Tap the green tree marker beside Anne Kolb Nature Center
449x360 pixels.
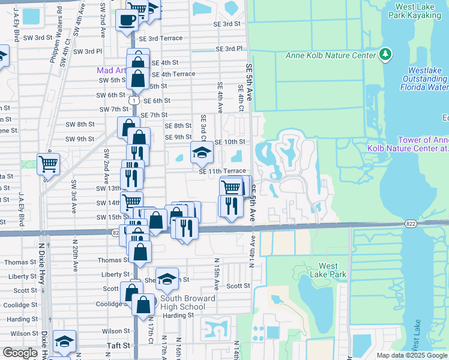(385, 55)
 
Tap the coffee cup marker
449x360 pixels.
(127, 20)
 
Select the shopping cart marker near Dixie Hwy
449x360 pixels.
(48, 163)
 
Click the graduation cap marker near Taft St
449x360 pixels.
(64, 341)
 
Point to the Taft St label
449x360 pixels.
(118, 346)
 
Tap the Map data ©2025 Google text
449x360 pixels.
(412, 355)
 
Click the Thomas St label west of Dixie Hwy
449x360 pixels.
(20, 262)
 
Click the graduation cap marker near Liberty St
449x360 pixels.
(167, 278)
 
